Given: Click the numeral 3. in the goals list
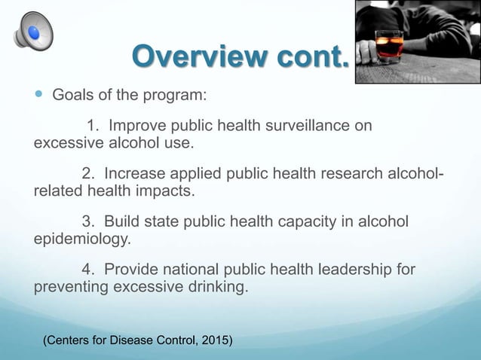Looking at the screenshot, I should [x=87, y=222].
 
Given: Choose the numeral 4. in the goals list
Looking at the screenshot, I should [x=87, y=270].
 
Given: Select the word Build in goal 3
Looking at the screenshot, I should [x=121, y=222].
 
